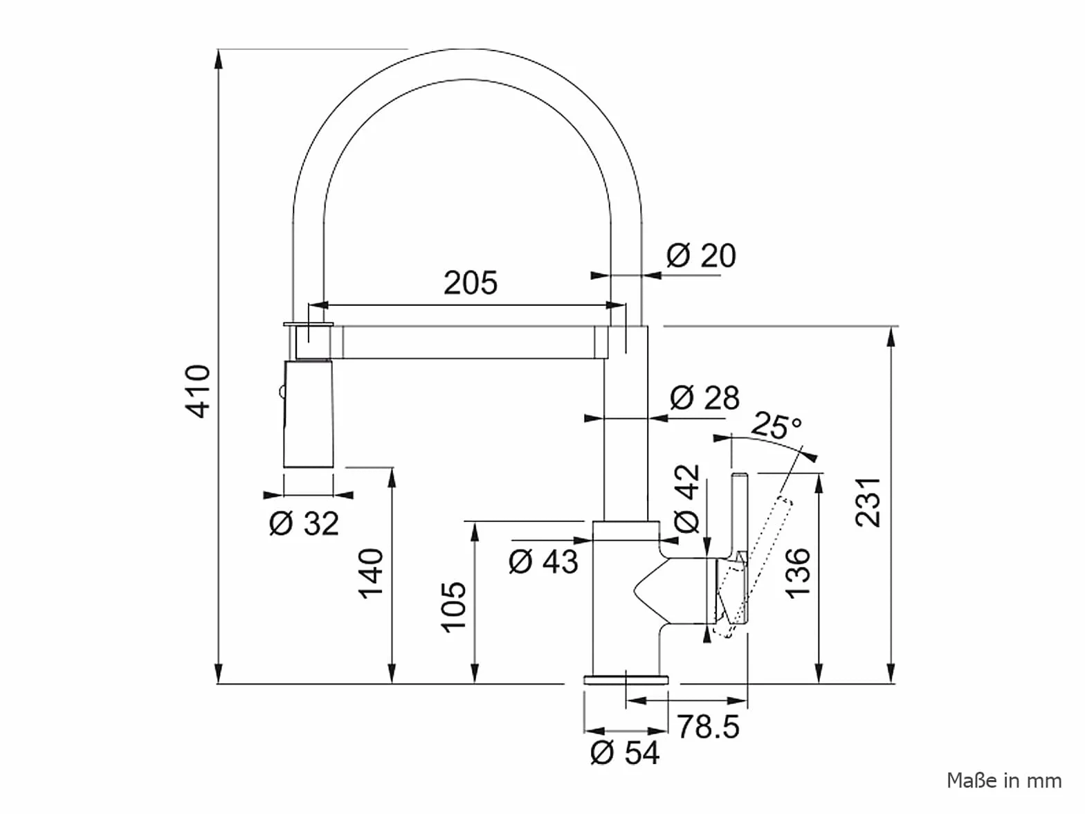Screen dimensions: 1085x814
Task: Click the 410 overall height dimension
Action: (198, 392)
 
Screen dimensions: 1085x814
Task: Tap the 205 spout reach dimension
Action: (471, 282)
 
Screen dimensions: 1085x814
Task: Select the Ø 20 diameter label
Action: (702, 255)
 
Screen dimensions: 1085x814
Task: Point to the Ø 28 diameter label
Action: (705, 397)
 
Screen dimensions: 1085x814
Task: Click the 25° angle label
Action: (776, 424)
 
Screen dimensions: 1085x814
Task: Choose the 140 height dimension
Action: (371, 573)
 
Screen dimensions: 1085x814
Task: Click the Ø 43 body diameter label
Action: (543, 561)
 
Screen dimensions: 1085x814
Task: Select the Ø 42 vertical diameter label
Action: (687, 499)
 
